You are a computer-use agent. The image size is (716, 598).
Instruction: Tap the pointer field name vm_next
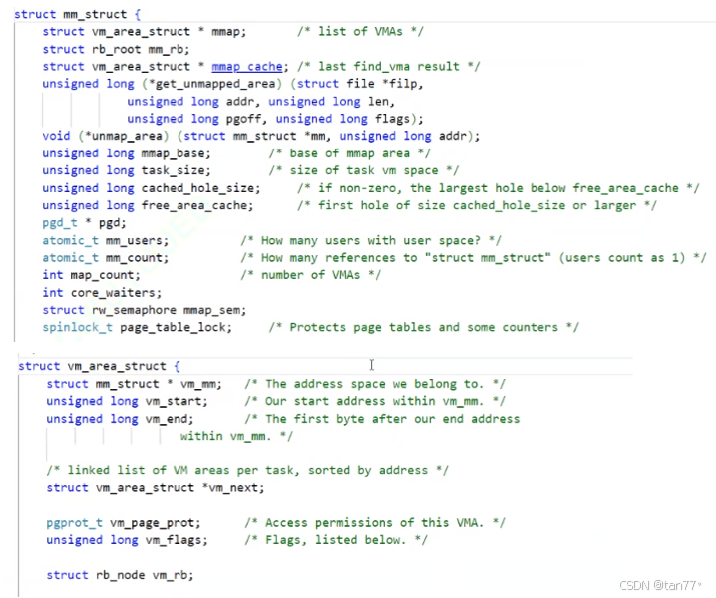240,487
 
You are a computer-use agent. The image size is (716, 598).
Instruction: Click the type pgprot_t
75,522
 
